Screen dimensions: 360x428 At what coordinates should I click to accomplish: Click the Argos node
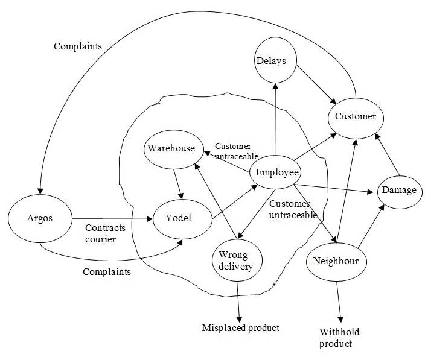pyautogui.click(x=41, y=218)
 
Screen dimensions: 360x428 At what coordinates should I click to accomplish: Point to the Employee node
pyautogui.click(x=276, y=173)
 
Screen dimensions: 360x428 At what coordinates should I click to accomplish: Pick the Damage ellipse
pyautogui.click(x=398, y=191)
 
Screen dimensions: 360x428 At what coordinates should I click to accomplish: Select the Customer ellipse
pyautogui.click(x=356, y=116)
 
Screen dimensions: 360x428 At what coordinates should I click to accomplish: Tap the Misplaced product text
pyautogui.click(x=241, y=328)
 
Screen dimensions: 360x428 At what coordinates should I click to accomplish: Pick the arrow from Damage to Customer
pyautogui.click(x=388, y=156)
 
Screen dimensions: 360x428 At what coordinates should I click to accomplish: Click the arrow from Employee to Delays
pyautogui.click(x=275, y=121)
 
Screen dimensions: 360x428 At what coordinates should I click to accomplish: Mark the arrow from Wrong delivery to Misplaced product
pyautogui.click(x=240, y=302)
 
